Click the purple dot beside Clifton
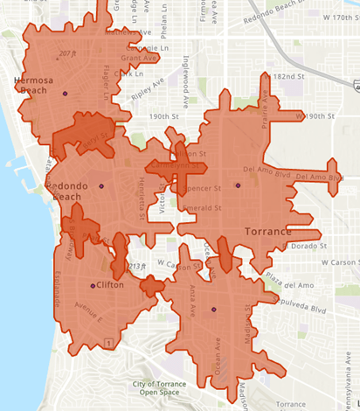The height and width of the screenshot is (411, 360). coord(92,286)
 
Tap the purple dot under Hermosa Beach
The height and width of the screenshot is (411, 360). coord(65,94)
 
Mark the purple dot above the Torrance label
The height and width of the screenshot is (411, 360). coord(237,185)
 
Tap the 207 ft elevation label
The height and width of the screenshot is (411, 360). coord(66,53)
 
